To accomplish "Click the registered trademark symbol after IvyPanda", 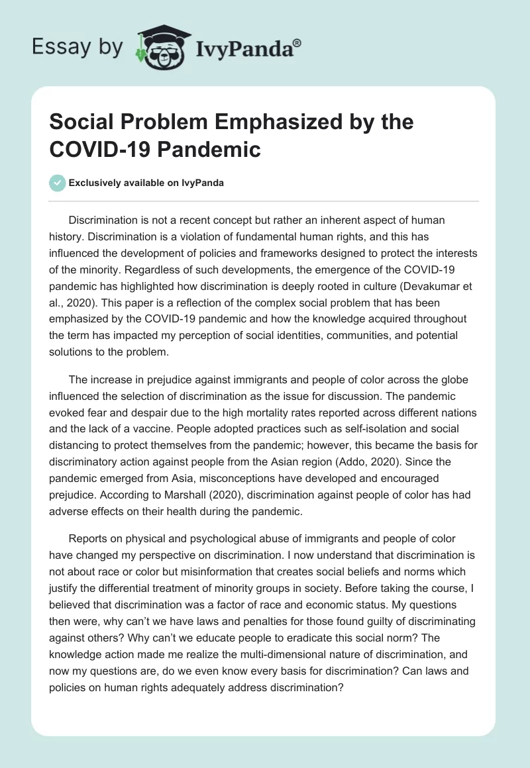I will [298, 42].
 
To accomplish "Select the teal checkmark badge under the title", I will [58, 183].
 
